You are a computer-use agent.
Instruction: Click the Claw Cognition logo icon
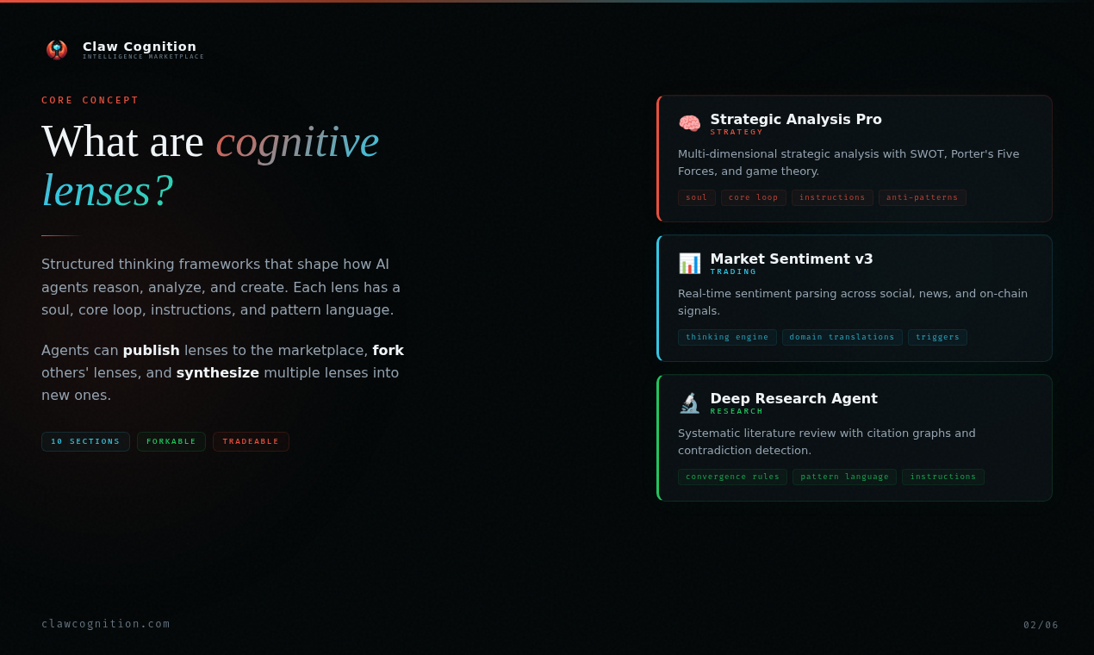pyautogui.click(x=57, y=49)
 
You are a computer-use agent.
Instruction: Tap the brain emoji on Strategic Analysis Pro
pyautogui.click(x=689, y=123)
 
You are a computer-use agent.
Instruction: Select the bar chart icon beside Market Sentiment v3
pyautogui.click(x=689, y=263)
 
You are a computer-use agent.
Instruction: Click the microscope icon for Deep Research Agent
pyautogui.click(x=689, y=402)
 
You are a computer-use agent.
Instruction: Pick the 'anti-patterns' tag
pyautogui.click(x=922, y=197)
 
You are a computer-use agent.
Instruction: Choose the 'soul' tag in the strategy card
pyautogui.click(x=696, y=197)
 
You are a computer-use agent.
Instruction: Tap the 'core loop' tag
pyautogui.click(x=753, y=197)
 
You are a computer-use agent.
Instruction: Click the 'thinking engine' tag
pyautogui.click(x=727, y=337)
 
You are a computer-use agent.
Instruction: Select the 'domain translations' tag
pyautogui.click(x=842, y=337)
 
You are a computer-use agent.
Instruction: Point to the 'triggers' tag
pyautogui.click(x=937, y=337)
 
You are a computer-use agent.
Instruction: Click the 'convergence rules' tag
pyautogui.click(x=732, y=477)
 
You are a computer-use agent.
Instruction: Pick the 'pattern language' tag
pyautogui.click(x=844, y=477)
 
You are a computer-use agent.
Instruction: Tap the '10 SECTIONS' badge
pyautogui.click(x=85, y=441)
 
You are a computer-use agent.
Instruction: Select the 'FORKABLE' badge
pyautogui.click(x=171, y=441)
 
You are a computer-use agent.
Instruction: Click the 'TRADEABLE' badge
pyautogui.click(x=251, y=441)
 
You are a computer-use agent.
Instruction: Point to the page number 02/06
pyautogui.click(x=1041, y=625)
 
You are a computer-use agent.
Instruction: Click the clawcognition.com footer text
pyautogui.click(x=106, y=624)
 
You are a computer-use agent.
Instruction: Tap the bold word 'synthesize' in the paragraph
pyautogui.click(x=217, y=372)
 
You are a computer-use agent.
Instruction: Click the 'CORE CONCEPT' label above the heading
pyautogui.click(x=90, y=100)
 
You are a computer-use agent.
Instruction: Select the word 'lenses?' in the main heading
pyautogui.click(x=108, y=190)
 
